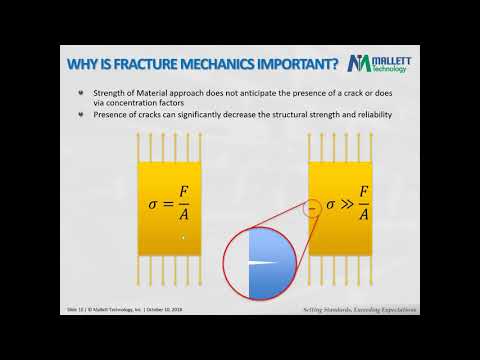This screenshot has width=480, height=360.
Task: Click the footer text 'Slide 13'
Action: coord(74,310)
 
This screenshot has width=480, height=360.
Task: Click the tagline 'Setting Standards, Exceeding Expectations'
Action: coord(360,310)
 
